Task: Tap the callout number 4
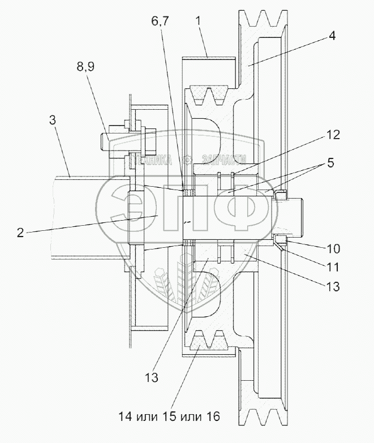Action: pos(332,36)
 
